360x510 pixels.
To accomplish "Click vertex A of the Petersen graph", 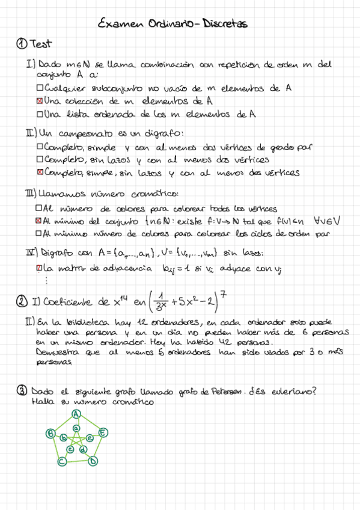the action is pyautogui.click(x=76, y=413).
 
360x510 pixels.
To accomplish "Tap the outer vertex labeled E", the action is pyautogui.click(x=103, y=432).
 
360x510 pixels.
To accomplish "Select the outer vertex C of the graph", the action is pyautogui.click(x=61, y=461).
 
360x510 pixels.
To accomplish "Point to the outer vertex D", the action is pyautogui.click(x=93, y=461).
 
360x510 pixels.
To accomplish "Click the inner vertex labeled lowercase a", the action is pyautogui.click(x=76, y=428).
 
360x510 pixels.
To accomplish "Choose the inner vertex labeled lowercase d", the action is pyautogui.click(x=83, y=449).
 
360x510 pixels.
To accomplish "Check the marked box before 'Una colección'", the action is pyautogui.click(x=40, y=101).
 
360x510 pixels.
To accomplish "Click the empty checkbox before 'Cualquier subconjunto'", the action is pyautogui.click(x=40, y=88).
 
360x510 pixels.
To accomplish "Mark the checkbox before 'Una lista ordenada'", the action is pyautogui.click(x=40, y=114).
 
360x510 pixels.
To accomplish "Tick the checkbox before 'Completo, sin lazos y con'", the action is pyautogui.click(x=40, y=160).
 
